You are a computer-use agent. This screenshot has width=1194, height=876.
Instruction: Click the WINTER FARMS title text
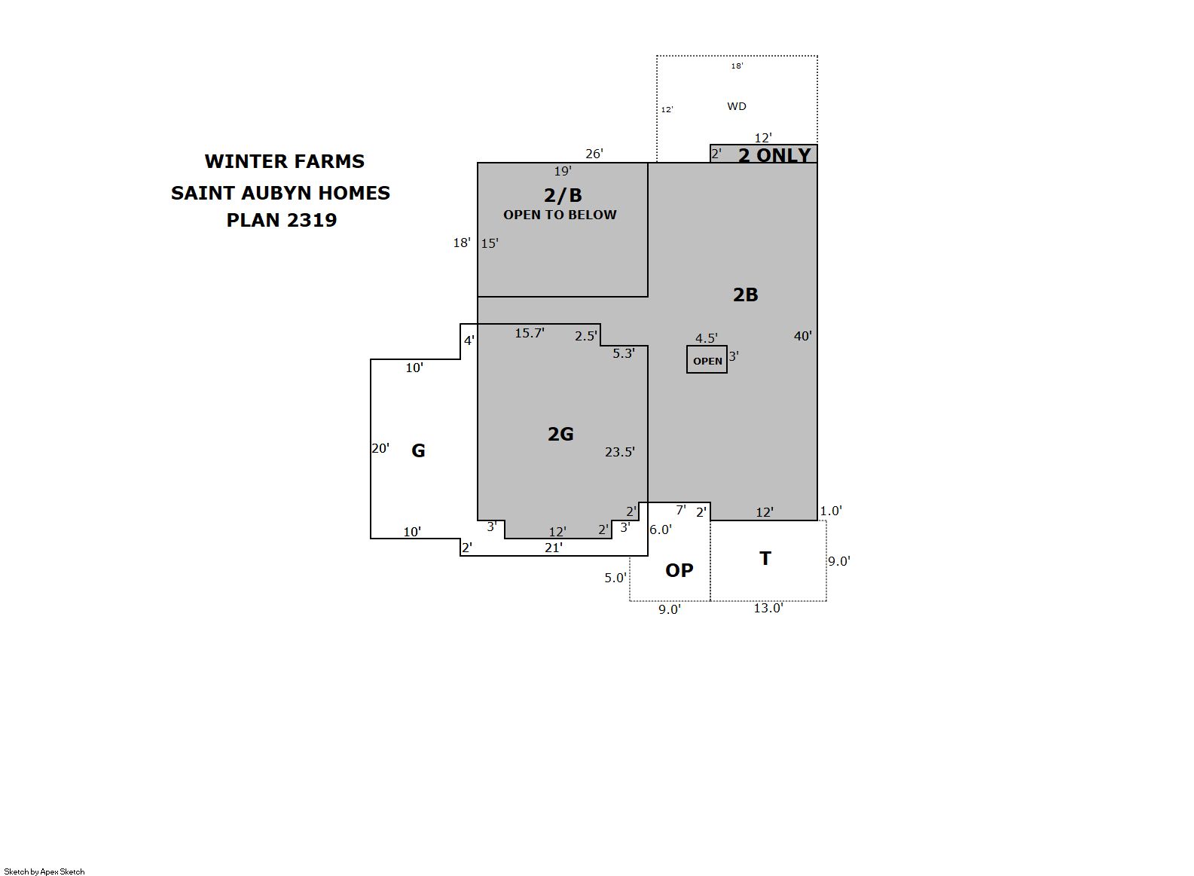(x=284, y=161)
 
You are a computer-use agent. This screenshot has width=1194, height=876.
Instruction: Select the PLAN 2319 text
(x=282, y=220)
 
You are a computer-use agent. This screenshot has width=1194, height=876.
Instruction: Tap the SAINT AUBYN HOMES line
(x=280, y=193)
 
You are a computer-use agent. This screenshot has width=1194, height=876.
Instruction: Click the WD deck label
(x=737, y=106)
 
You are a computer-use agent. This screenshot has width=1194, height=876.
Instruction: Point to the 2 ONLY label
(x=774, y=155)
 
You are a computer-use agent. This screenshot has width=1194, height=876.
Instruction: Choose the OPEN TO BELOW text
(x=560, y=215)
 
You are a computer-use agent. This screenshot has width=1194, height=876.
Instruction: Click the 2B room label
(x=745, y=295)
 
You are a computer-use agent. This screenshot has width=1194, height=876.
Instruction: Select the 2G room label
(x=560, y=435)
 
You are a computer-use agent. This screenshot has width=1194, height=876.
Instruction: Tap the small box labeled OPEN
(x=707, y=360)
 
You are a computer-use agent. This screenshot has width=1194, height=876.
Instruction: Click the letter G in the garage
(x=418, y=450)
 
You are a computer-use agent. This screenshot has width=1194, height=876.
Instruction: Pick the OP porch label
(x=679, y=571)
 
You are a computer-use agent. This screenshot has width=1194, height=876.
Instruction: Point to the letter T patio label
(x=765, y=558)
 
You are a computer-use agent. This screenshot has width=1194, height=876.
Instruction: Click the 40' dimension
(x=803, y=336)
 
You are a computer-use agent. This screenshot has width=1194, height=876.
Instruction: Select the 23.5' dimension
(x=619, y=453)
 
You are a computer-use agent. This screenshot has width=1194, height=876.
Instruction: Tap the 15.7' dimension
(x=530, y=334)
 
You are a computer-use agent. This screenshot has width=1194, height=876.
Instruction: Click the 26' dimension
(x=594, y=154)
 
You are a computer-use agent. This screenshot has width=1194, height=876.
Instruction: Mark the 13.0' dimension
(x=768, y=609)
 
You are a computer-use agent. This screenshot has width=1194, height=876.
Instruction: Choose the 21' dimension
(x=553, y=548)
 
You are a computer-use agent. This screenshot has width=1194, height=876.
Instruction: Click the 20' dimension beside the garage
(x=380, y=449)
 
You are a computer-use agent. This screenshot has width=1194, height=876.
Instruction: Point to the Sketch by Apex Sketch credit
(x=44, y=871)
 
